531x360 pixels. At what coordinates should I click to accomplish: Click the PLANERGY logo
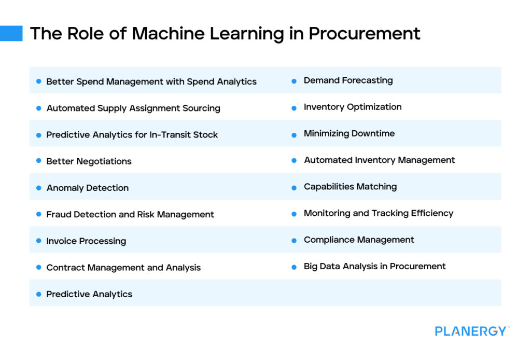coord(471,331)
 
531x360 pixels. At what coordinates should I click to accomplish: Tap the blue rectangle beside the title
coord(11,33)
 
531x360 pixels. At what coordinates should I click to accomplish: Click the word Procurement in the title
coord(364,33)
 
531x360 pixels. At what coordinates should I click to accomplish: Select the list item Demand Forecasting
coord(348,80)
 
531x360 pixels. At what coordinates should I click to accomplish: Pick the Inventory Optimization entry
coord(353,107)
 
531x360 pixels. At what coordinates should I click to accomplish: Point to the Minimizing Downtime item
coord(349,133)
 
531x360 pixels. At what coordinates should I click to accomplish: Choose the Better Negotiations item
coord(89,161)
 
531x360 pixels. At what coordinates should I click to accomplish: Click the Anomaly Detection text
coord(87,188)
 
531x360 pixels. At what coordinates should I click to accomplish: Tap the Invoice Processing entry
coord(86,241)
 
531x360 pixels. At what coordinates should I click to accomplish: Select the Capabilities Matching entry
coord(350,187)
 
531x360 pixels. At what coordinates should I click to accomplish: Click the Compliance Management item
coord(359,240)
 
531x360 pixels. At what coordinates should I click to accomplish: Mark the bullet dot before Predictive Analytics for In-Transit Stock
coord(38,135)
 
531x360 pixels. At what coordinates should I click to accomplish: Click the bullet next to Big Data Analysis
coord(294,267)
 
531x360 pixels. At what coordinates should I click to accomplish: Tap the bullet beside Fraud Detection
coord(38,214)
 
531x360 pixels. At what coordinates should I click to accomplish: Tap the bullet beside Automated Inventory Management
coord(294,160)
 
